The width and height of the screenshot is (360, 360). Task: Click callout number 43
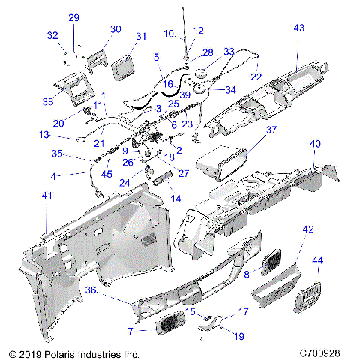tap(299, 28)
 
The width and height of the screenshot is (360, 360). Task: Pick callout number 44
tap(317, 260)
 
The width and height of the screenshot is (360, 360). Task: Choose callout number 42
tap(308, 231)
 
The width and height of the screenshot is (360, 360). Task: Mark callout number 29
tap(73, 17)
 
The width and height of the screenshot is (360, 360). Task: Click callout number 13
tap(45, 135)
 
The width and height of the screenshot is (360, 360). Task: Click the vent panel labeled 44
tap(309, 294)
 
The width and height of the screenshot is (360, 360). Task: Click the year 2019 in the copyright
tap(27, 352)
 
